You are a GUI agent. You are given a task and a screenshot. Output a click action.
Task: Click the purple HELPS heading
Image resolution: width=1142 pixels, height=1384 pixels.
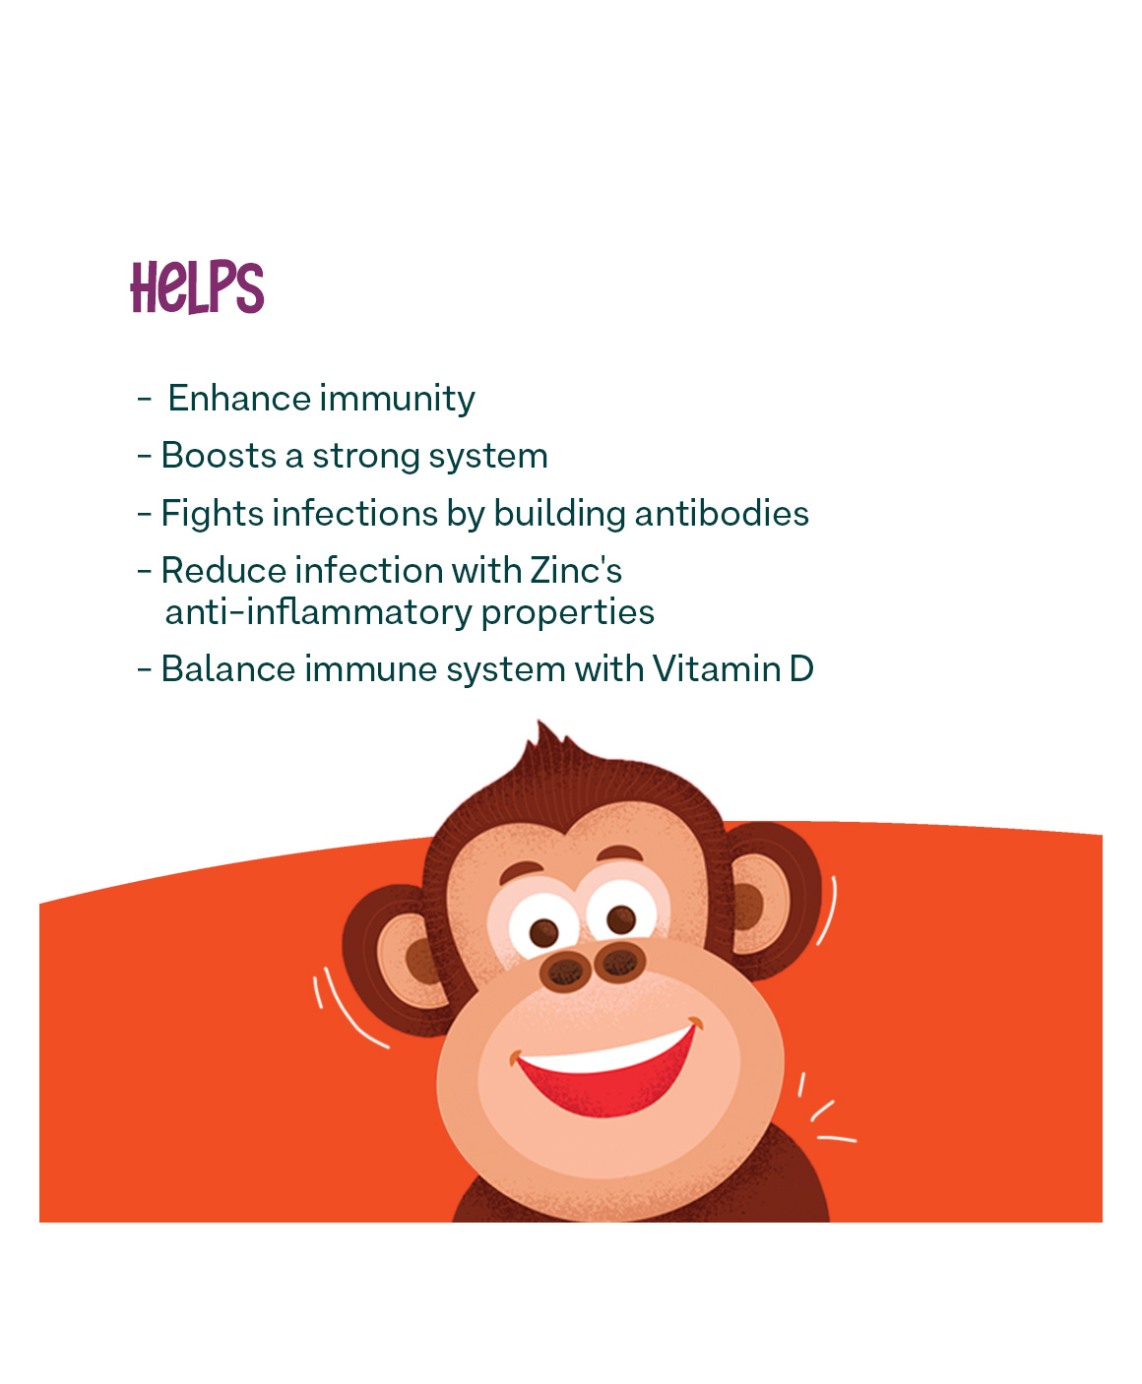tap(197, 286)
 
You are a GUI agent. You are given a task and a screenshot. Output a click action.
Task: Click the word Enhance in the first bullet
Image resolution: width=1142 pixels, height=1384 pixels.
tap(238, 398)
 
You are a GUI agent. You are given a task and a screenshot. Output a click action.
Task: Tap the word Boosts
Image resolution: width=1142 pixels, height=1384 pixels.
tap(219, 456)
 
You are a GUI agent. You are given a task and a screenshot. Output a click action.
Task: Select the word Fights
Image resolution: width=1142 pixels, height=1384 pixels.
tap(212, 515)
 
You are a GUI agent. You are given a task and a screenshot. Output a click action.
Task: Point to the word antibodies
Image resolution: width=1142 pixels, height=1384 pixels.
tap(722, 513)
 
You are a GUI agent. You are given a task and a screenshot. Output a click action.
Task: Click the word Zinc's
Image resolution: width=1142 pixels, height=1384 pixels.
tap(576, 571)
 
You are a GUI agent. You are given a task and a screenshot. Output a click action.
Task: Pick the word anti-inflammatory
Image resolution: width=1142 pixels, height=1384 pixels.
tap(318, 612)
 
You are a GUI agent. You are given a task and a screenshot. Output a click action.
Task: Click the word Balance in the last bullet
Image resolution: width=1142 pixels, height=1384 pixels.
tap(227, 668)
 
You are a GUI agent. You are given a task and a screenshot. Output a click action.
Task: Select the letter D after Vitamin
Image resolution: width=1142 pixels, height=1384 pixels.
tap(801, 668)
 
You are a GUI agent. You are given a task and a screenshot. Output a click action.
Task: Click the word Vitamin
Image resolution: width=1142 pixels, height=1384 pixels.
tap(717, 668)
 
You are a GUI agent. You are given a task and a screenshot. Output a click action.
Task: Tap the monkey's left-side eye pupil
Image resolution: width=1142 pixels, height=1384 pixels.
tap(543, 932)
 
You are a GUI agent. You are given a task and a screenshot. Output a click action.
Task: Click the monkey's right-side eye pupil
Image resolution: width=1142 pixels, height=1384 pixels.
tap(621, 918)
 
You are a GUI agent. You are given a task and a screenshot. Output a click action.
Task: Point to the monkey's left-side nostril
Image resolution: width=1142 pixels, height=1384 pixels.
tap(565, 972)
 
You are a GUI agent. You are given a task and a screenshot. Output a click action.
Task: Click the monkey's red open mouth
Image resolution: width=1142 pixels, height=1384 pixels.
tap(604, 1072)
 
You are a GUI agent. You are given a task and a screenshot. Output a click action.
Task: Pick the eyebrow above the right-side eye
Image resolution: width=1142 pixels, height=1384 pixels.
tap(619, 853)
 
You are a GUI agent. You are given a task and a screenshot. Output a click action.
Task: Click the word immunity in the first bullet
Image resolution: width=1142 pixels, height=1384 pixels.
tap(397, 399)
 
